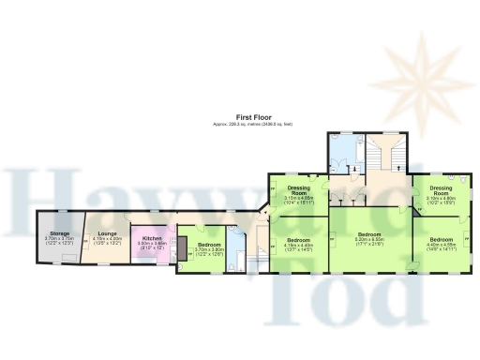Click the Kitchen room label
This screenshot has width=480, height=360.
[x=152, y=238]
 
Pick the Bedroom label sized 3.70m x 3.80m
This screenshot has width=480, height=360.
[x=209, y=246]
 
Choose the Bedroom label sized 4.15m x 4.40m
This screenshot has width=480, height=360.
[x=298, y=240]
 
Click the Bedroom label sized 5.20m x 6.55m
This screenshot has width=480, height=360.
[x=368, y=233]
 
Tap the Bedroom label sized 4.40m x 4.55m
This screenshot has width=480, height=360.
[x=441, y=240]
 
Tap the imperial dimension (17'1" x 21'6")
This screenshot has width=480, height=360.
[x=368, y=244]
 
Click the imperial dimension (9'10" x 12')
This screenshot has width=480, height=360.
[x=152, y=248]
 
